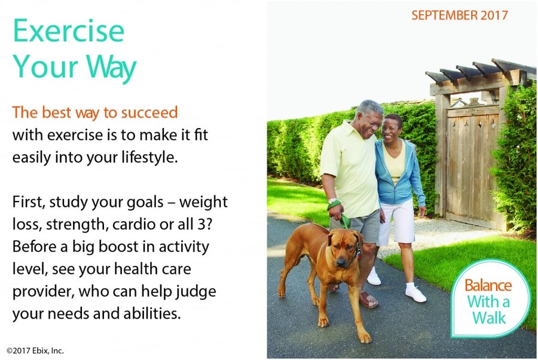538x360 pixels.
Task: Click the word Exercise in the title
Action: pos(69,30)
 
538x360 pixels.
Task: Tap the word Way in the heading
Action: pos(111,66)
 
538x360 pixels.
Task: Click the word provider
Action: pos(43,292)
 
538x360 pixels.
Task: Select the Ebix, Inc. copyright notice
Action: pos(35,350)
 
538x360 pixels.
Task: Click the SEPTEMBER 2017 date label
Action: pos(460,15)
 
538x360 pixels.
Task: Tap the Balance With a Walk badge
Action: pos(490,299)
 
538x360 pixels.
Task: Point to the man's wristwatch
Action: pos(332,200)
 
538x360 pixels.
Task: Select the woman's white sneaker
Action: pos(415,293)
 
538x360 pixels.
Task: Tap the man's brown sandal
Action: pos(368,300)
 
